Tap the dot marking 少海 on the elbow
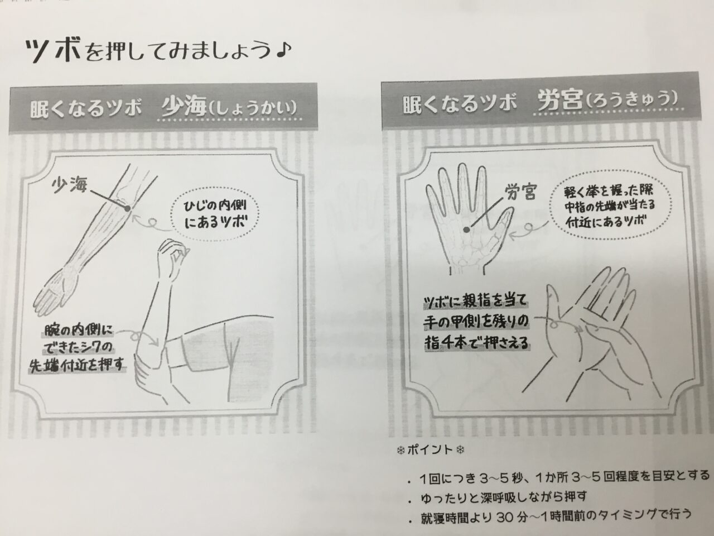[128, 208]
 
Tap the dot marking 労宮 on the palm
[467, 230]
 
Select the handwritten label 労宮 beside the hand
[520, 192]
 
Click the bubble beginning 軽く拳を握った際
[610, 208]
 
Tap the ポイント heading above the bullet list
[430, 450]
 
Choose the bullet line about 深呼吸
[504, 496]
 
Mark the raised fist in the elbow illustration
[172, 252]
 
